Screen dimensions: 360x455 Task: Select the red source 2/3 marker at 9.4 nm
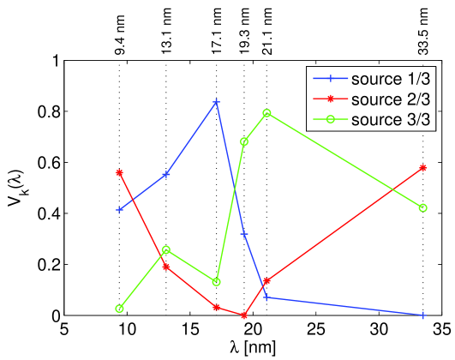(x=119, y=172)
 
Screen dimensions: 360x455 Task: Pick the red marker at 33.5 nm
(x=422, y=167)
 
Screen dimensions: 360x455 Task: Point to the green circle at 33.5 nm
(x=422, y=207)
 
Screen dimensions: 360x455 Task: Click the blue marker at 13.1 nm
(x=166, y=174)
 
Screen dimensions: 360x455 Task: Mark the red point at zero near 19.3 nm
(x=244, y=315)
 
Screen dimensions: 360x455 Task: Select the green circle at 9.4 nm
(x=119, y=309)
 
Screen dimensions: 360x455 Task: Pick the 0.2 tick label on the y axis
(x=39, y=265)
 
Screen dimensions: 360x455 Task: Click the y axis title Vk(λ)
(x=15, y=189)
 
